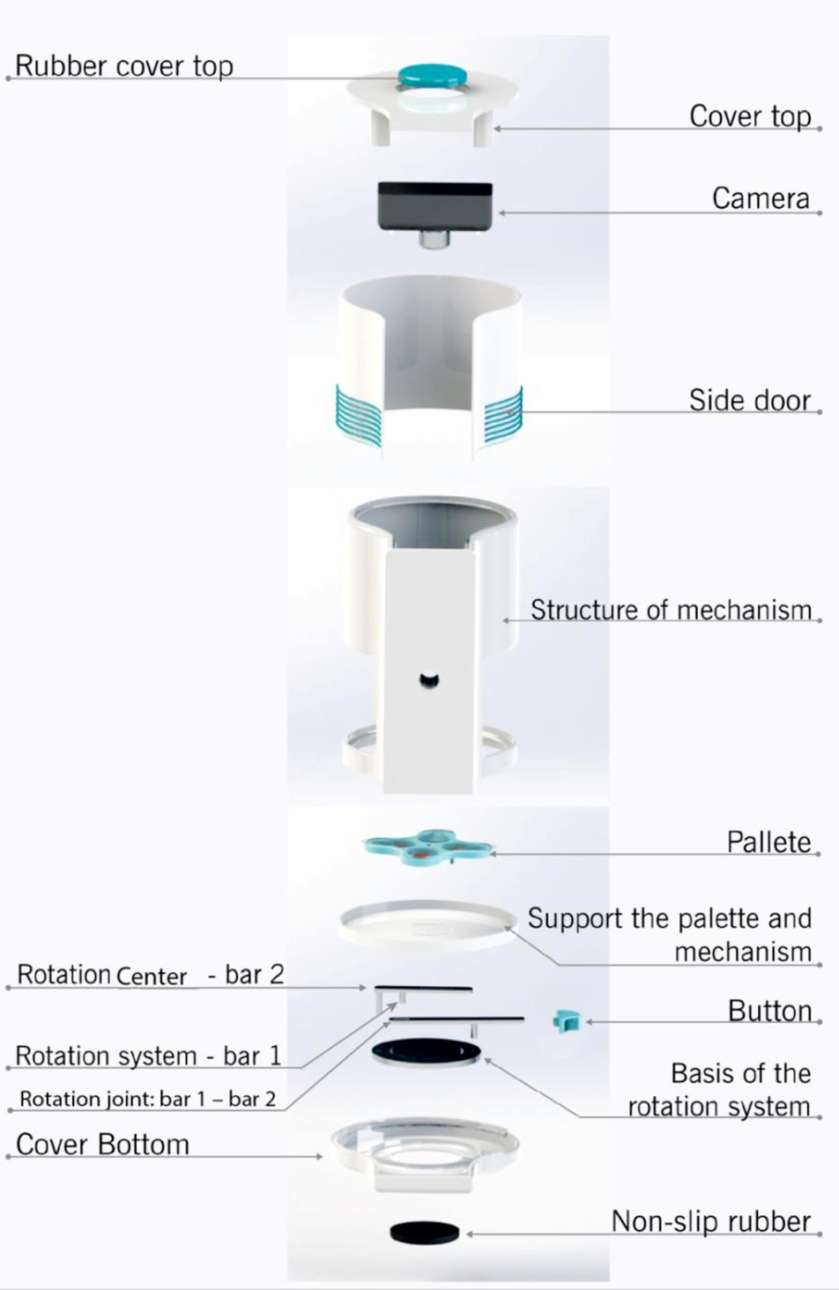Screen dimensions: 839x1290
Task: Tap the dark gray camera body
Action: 435,206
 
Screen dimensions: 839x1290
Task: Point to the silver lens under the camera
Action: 434,240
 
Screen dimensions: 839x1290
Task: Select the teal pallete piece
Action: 429,848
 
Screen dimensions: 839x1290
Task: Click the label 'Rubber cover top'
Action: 123,66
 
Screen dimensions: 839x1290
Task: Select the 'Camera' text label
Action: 761,198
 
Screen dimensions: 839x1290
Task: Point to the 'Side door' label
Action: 750,400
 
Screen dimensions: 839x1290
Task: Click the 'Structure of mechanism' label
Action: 671,610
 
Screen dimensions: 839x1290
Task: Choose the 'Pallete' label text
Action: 768,842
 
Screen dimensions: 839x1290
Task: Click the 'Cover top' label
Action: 750,116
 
